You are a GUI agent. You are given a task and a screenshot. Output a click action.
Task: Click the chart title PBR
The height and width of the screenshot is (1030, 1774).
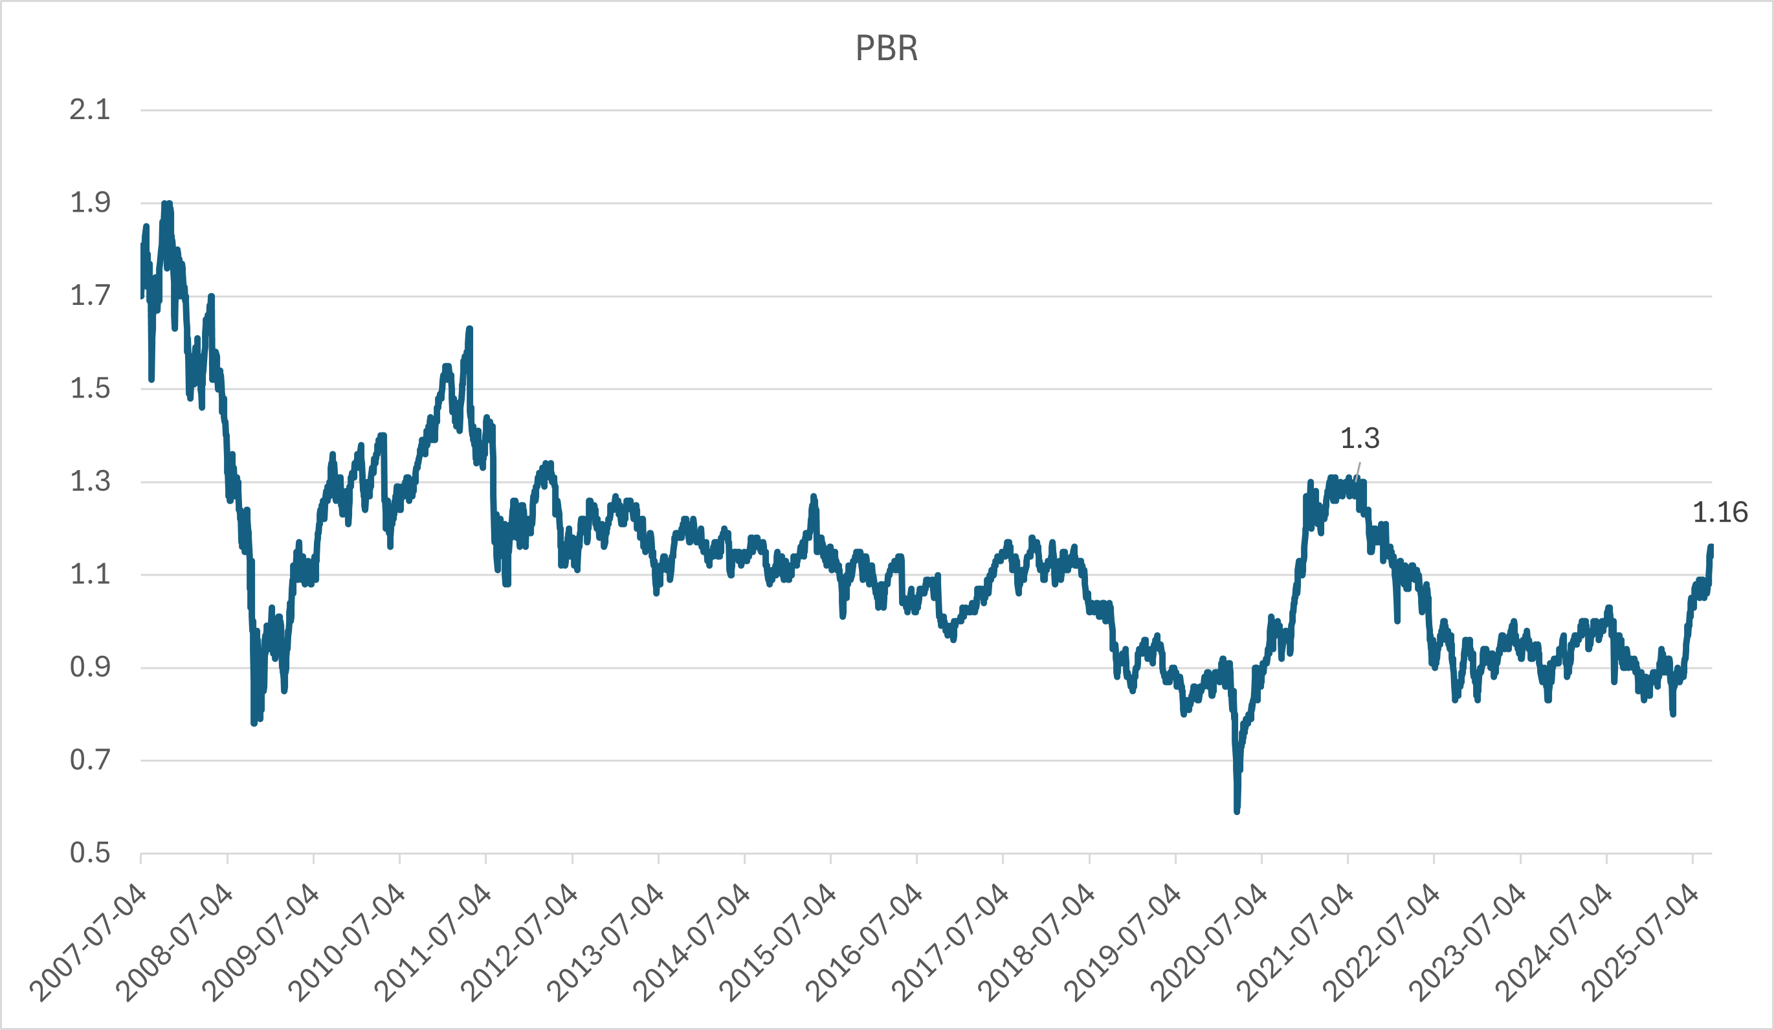886,49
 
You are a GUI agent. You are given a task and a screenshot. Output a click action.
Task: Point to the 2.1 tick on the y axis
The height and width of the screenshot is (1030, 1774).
90,110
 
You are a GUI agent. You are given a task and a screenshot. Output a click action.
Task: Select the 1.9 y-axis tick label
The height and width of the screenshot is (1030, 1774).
90,203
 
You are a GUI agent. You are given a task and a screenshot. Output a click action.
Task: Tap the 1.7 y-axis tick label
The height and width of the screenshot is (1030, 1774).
90,296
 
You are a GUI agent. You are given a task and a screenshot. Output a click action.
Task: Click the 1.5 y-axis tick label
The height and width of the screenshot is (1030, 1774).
90,388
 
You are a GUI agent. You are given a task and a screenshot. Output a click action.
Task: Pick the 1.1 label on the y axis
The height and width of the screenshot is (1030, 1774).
90,574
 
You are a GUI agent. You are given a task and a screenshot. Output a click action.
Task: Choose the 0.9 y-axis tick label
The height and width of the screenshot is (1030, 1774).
90,667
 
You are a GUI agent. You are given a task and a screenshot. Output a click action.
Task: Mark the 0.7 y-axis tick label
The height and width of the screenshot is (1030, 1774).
90,760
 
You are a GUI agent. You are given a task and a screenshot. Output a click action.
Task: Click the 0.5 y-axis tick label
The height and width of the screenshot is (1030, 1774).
90,853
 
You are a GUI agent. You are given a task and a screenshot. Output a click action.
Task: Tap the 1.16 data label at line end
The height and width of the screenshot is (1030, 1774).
1720,513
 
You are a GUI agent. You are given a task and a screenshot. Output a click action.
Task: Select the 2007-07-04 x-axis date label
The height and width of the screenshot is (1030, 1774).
88,943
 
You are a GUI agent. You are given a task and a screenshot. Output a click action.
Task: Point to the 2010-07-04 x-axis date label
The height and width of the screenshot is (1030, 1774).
347,943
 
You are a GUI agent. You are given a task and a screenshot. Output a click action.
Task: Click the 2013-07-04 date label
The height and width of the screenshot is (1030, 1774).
605,943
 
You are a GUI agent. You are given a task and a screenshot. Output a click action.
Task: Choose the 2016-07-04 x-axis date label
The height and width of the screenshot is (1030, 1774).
864,943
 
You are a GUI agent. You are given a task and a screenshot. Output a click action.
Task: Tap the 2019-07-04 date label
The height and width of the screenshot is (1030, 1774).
1123,943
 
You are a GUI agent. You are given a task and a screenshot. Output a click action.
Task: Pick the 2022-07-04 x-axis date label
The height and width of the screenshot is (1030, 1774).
1381,943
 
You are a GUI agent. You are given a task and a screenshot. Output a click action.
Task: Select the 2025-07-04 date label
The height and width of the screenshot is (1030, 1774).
1640,943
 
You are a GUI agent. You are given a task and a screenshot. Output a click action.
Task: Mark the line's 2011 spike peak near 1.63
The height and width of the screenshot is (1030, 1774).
469,329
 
